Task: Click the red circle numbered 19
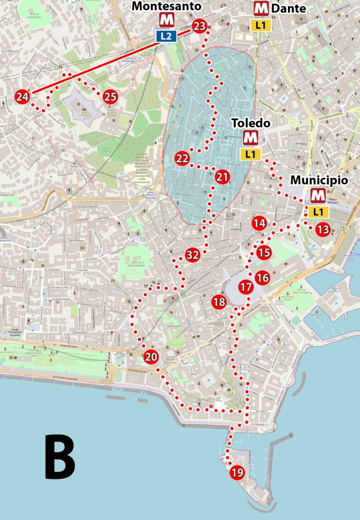[237, 473]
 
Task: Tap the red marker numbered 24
[22, 97]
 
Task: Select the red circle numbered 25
[110, 97]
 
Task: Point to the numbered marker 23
[199, 26]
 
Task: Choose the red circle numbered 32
[192, 255]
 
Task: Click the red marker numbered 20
[151, 357]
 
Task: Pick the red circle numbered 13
[322, 229]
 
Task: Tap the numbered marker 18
[218, 302]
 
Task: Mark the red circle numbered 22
[182, 158]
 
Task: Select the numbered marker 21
[222, 177]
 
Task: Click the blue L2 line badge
[166, 36]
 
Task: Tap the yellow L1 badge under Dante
[261, 25]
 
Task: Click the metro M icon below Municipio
[318, 195]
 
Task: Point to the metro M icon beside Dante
[261, 8]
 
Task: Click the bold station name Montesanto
[166, 6]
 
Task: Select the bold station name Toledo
[251, 123]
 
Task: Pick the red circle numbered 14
[259, 223]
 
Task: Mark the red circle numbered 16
[262, 278]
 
